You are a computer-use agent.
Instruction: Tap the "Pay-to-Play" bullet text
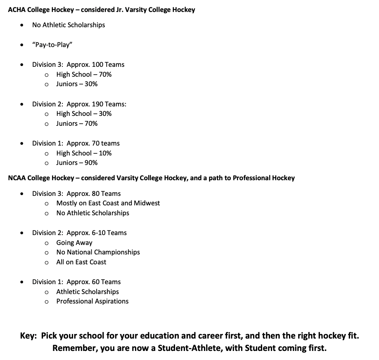[50, 45]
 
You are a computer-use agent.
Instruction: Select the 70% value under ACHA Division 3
[105, 74]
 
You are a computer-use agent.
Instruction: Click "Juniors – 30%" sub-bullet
[77, 84]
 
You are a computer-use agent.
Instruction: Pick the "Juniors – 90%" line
[77, 162]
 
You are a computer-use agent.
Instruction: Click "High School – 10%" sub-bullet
[84, 153]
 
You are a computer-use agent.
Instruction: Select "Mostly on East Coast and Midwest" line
[108, 203]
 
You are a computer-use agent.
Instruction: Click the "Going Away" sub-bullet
[74, 242]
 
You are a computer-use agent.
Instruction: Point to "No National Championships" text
[98, 252]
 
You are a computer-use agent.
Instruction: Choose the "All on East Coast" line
[81, 262]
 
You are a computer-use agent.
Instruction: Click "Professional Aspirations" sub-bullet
[92, 301]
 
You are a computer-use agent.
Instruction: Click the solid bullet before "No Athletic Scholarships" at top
[21, 26]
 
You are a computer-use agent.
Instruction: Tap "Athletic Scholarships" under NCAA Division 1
[88, 292]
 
